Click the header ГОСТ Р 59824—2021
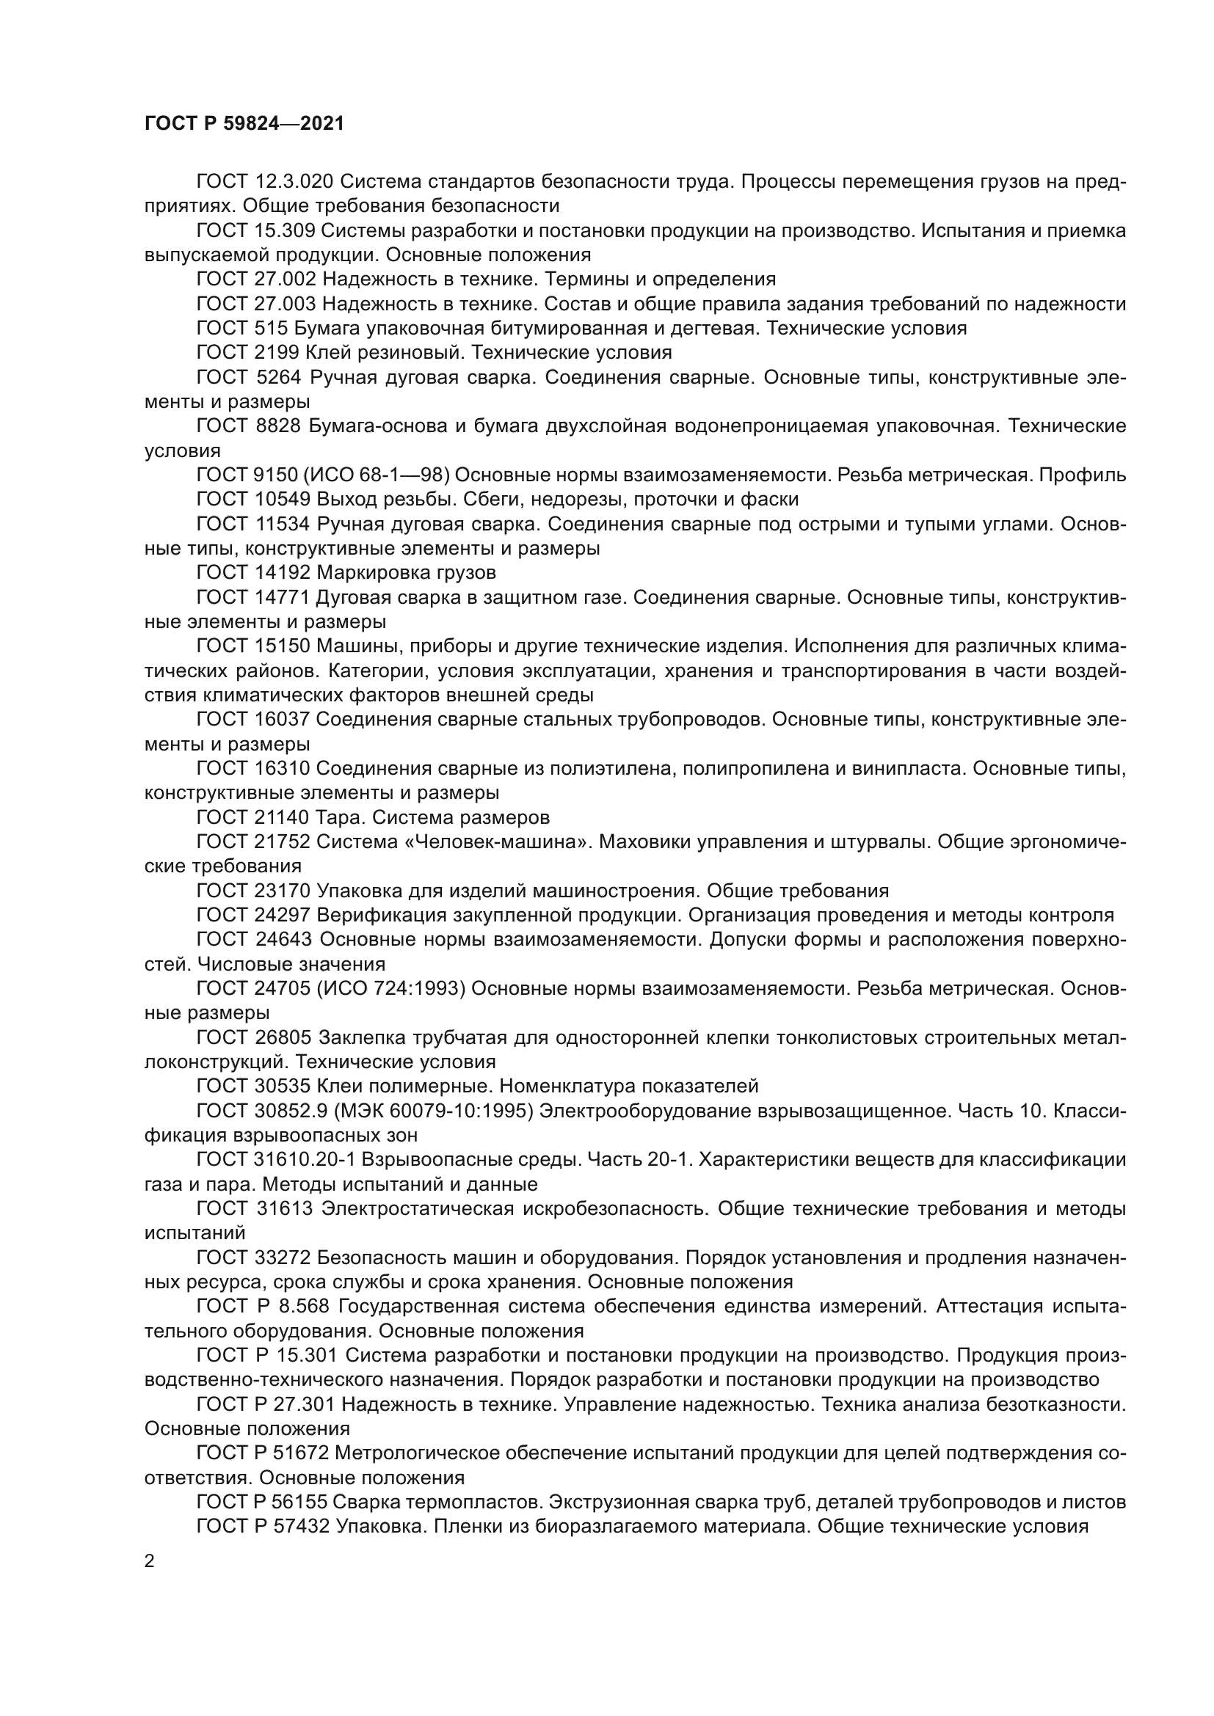[244, 124]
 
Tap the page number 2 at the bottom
[150, 1561]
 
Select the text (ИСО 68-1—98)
[377, 475]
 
